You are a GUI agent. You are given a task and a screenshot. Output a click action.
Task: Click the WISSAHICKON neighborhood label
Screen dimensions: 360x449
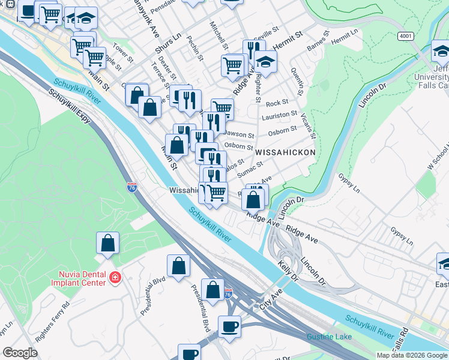click(x=285, y=153)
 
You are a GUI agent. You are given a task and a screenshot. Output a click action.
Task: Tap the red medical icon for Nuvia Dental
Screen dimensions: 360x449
click(x=115, y=278)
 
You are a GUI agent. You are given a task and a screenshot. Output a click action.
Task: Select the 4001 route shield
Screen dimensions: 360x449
click(x=405, y=36)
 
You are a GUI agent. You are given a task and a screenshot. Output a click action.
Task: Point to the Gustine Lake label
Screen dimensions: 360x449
click(x=329, y=337)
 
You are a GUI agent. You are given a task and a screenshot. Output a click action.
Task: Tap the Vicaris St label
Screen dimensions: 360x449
click(x=308, y=126)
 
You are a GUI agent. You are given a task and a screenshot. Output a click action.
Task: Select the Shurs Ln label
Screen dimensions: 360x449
click(x=168, y=44)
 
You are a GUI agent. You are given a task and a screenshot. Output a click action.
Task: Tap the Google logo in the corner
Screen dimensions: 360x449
click(x=20, y=353)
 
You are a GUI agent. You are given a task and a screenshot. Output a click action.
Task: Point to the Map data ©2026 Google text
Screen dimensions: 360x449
click(x=411, y=355)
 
